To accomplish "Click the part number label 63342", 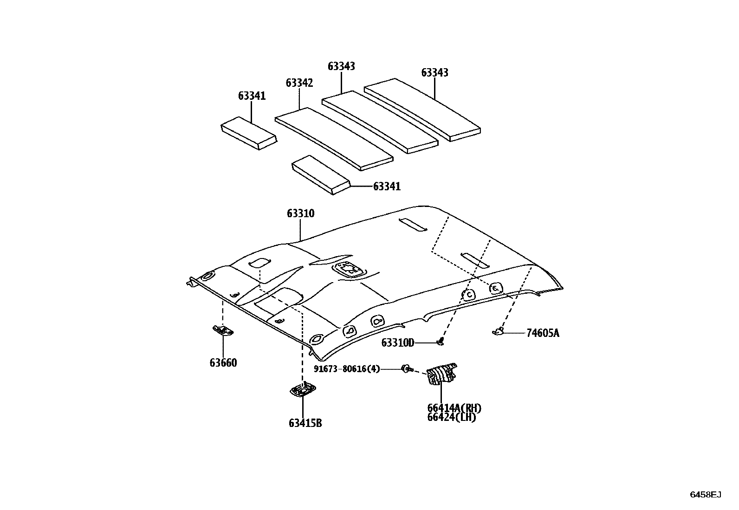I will [x=299, y=83].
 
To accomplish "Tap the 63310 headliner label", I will [x=300, y=213].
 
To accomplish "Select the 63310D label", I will [x=397, y=343].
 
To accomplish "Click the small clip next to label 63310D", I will [x=440, y=342].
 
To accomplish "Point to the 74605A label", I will [x=543, y=333].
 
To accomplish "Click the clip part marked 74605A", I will [x=498, y=331].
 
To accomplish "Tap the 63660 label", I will [x=223, y=362].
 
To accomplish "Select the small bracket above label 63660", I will [x=223, y=330].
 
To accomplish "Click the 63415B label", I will [x=305, y=423].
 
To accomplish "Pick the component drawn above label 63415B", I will [x=303, y=390].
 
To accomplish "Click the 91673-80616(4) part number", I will [x=347, y=369].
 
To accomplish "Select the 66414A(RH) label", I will [x=454, y=408].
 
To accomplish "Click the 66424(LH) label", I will [x=451, y=417].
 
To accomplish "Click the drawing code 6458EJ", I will [x=705, y=495].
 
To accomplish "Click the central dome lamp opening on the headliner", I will [x=349, y=270].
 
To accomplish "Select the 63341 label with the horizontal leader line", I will [x=387, y=187].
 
